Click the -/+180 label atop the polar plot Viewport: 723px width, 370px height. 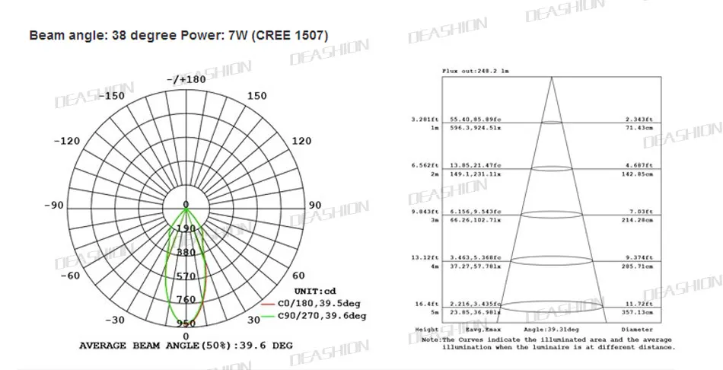pyautogui.click(x=186, y=79)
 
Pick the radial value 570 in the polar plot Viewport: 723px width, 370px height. pyautogui.click(x=186, y=276)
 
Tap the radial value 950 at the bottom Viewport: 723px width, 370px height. pyautogui.click(x=186, y=324)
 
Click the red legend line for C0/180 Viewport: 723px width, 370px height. pyautogui.click(x=266, y=304)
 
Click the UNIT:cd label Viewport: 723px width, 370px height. pyautogui.click(x=314, y=291)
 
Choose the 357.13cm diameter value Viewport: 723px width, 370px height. pyautogui.click(x=638, y=312)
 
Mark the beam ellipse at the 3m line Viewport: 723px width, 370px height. pyautogui.click(x=552, y=215)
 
